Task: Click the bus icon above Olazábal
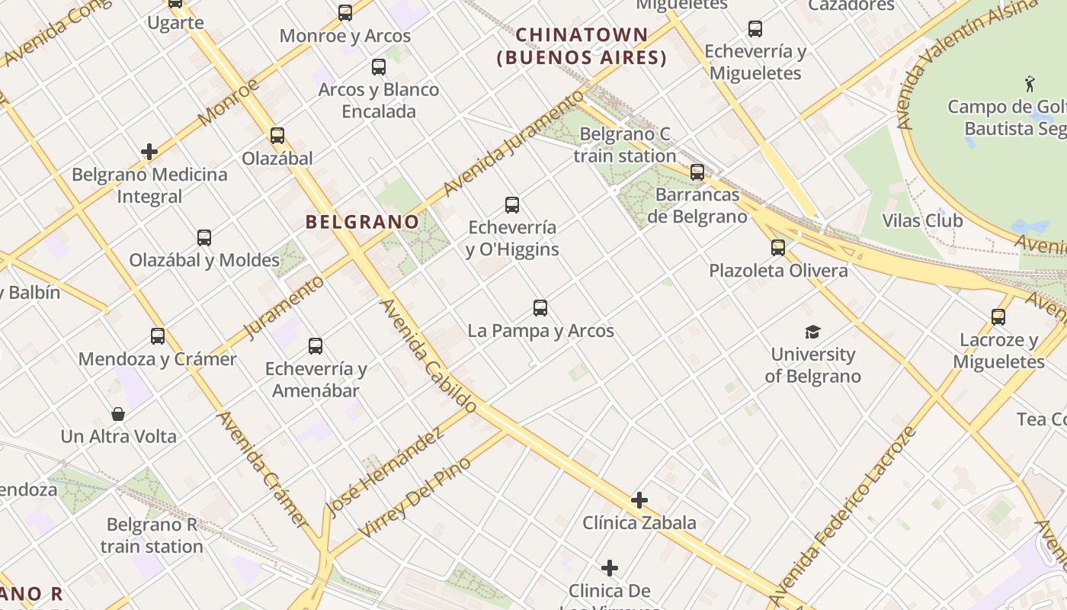point(277,136)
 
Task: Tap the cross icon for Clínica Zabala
point(639,500)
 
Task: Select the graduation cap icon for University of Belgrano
point(812,332)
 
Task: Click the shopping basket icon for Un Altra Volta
point(118,414)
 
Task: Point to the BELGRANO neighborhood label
point(362,222)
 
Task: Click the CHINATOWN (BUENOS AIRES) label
point(582,47)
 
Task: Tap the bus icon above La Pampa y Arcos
point(540,308)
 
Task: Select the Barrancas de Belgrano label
point(697,206)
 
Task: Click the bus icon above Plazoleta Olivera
point(777,248)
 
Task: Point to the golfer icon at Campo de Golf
point(1030,82)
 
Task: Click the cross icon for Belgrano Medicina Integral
point(149,152)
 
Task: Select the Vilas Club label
point(922,221)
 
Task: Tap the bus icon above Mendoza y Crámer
point(158,336)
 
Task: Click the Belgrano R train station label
point(152,535)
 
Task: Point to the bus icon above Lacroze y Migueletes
point(998,317)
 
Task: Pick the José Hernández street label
point(385,473)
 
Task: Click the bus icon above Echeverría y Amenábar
point(316,346)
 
